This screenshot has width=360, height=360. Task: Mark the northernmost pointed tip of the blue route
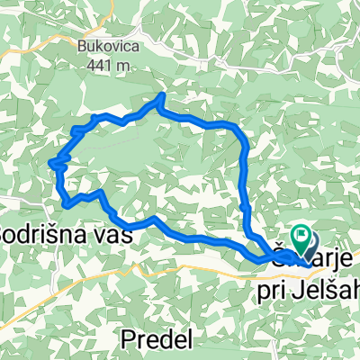click(162, 94)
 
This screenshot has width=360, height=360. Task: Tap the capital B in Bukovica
click(82, 45)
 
